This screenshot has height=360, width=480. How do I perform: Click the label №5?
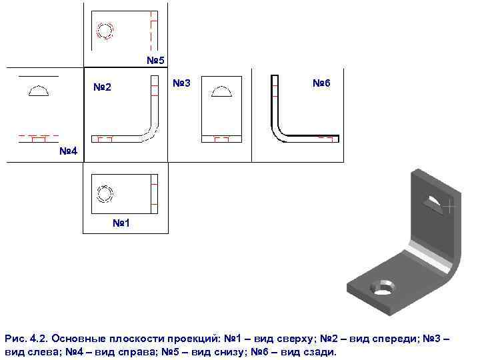(x=155, y=61)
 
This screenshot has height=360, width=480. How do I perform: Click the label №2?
(x=102, y=87)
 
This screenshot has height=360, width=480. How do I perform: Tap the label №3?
(x=181, y=83)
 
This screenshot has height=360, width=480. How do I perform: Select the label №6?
(x=321, y=83)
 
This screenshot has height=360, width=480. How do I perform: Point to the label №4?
(x=68, y=151)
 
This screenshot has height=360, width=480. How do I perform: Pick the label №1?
(x=121, y=223)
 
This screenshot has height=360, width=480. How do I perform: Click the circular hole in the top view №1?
(x=105, y=193)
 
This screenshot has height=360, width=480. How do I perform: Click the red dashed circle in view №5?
(x=105, y=31)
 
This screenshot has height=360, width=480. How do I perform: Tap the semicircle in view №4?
(x=39, y=91)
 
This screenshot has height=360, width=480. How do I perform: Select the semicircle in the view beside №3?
(x=221, y=91)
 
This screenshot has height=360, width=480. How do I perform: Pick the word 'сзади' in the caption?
(x=319, y=352)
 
